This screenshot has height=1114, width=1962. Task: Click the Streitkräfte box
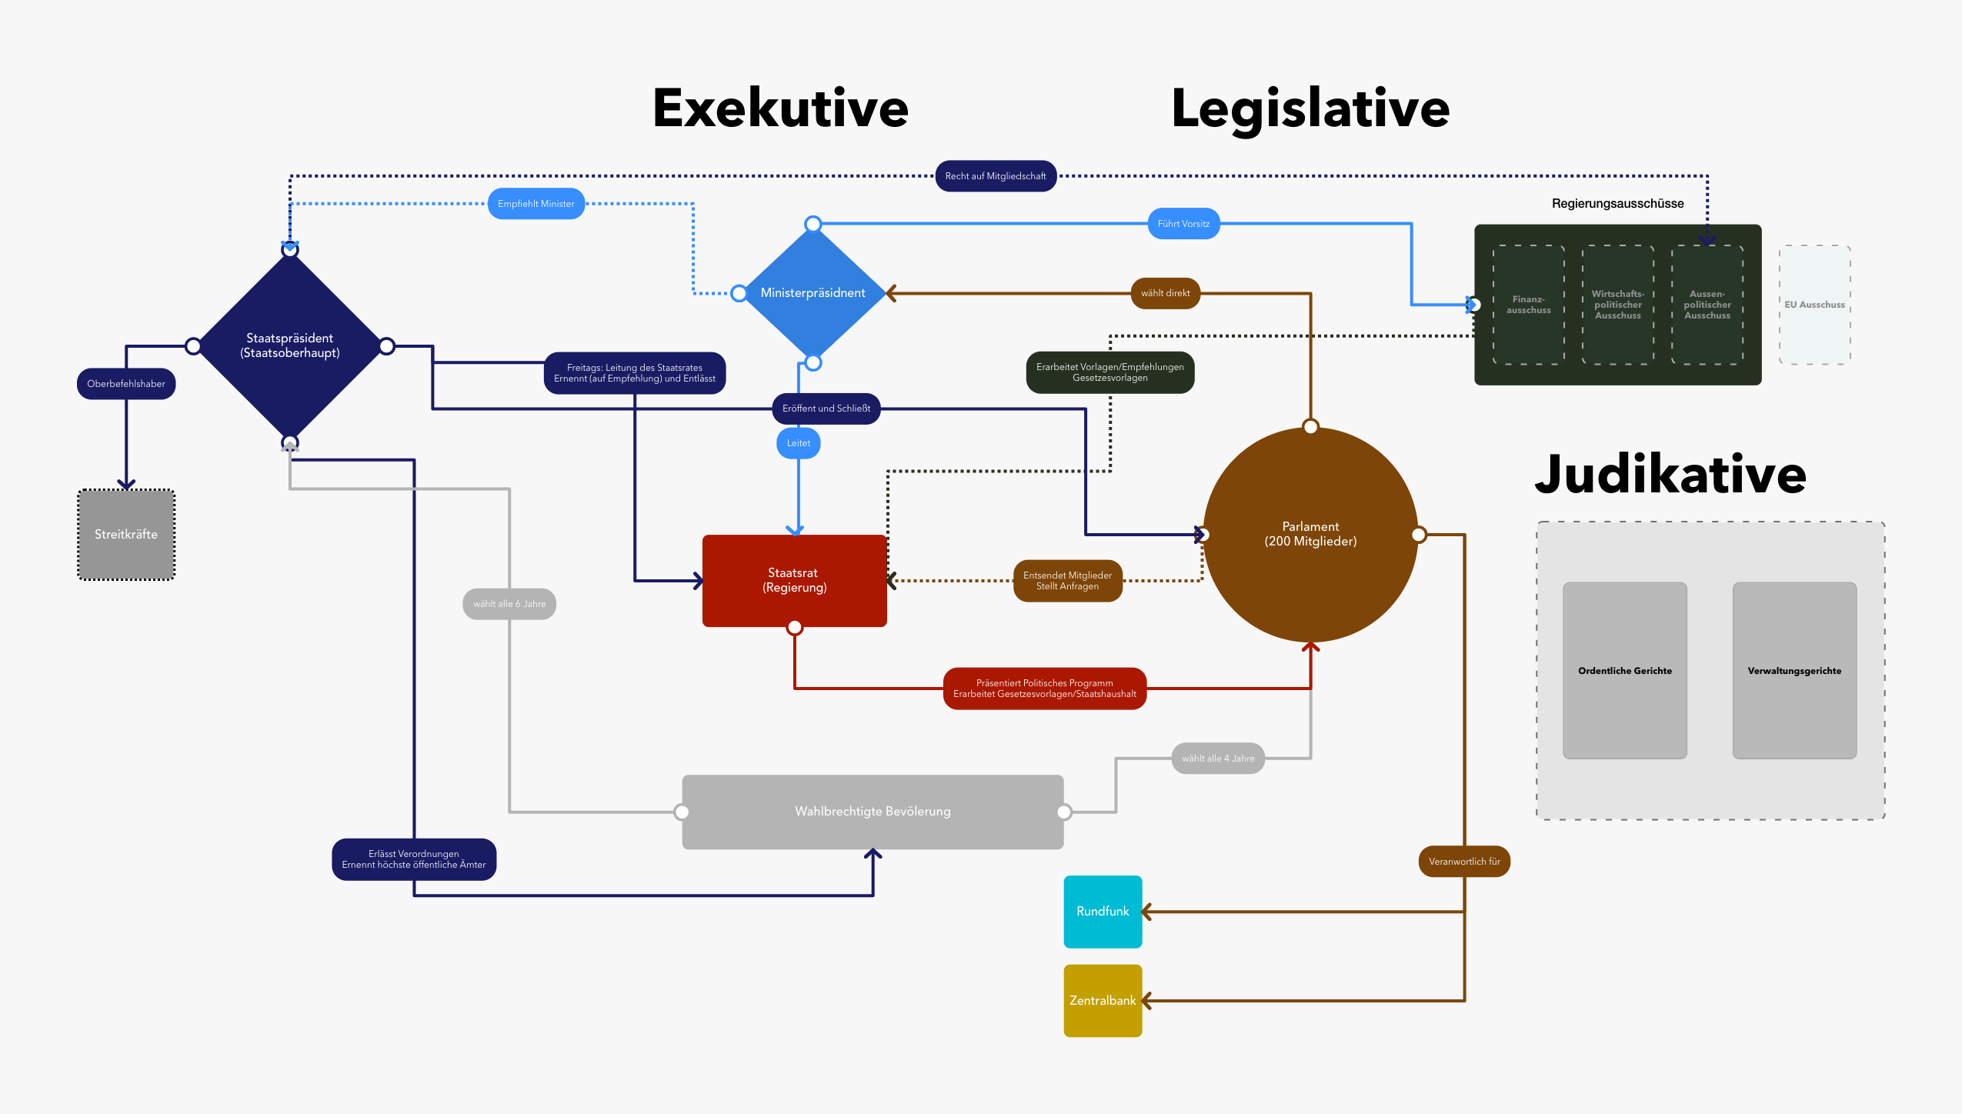pos(126,534)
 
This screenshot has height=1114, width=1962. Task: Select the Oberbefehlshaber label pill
pos(126,384)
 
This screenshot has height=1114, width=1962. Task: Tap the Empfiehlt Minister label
pos(536,204)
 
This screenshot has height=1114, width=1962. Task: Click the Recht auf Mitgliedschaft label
pos(996,176)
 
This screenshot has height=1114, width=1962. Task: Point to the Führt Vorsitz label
pos(1183,224)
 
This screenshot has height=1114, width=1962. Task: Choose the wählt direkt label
pos(1166,293)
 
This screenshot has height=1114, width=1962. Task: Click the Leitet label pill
pos(799,443)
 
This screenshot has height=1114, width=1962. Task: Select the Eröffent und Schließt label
pos(826,409)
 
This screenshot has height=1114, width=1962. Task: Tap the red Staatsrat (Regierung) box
pos(795,581)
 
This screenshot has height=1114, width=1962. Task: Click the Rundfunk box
pos(1103,912)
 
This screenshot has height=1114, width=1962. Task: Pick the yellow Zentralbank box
pos(1103,1001)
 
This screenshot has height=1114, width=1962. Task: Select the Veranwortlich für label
pos(1464,862)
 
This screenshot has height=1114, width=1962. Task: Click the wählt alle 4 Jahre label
pos(1218,759)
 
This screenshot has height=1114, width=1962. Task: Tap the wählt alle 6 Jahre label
pos(509,604)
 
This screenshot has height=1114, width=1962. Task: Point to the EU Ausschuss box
pos(1815,305)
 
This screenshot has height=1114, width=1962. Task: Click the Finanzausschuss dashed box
pos(1529,305)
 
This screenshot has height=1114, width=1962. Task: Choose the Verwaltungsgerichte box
pos(1794,671)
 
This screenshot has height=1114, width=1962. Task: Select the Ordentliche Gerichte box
pos(1625,671)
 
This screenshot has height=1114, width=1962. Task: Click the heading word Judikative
pos(1670,475)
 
